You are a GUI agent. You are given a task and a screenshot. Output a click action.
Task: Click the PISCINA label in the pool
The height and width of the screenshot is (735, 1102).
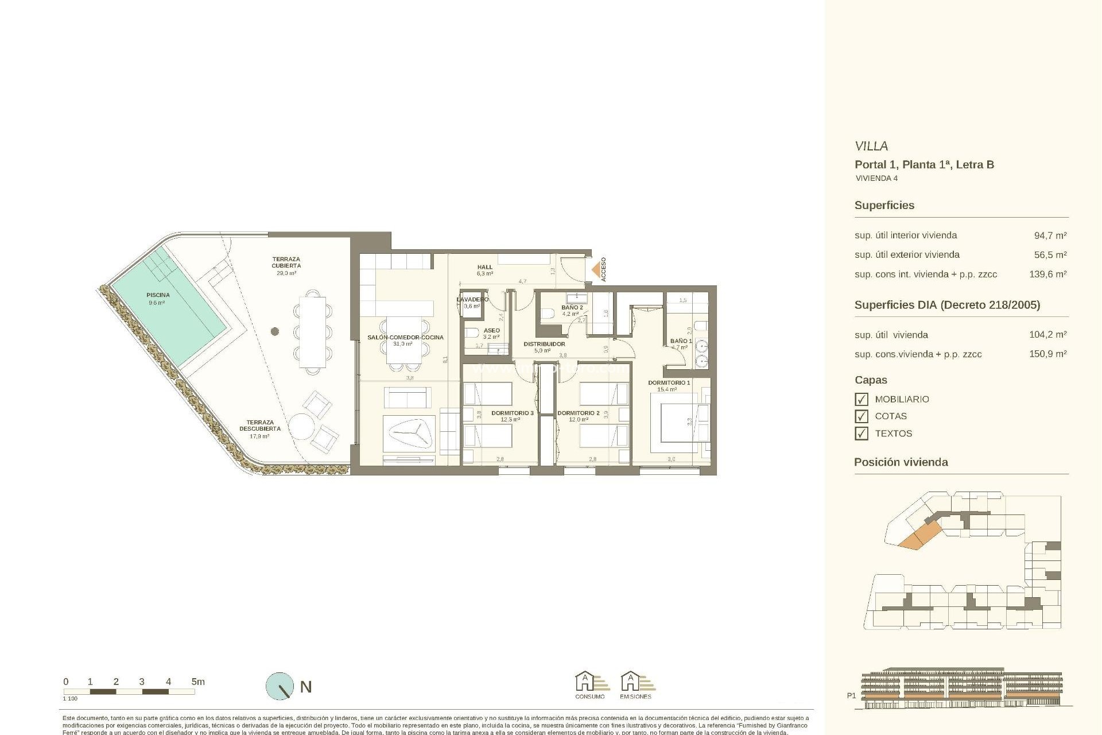click(157, 295)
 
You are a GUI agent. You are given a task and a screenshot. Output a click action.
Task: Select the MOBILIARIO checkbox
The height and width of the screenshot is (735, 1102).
click(861, 399)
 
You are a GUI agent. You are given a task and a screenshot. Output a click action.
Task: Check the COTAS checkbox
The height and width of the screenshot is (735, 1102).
click(861, 416)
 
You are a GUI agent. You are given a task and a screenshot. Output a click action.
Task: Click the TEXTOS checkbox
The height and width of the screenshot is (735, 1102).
click(861, 434)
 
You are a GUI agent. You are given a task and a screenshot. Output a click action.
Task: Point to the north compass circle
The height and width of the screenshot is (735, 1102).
click(280, 686)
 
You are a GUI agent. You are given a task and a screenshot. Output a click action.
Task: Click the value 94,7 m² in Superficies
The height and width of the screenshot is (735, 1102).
click(1050, 235)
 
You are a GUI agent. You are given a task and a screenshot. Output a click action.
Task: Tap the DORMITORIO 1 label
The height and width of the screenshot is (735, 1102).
click(669, 382)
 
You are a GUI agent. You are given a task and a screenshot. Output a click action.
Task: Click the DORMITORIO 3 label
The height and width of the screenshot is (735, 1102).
click(512, 413)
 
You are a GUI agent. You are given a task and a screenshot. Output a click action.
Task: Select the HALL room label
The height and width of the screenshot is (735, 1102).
click(485, 267)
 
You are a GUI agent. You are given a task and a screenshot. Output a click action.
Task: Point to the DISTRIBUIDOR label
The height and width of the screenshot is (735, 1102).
click(544, 344)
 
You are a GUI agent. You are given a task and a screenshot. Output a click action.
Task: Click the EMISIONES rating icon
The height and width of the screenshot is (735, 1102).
click(635, 683)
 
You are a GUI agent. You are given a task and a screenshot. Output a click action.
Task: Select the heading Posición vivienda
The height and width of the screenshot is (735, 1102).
click(901, 462)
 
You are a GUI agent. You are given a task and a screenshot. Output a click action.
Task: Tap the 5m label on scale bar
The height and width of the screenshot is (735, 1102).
click(197, 682)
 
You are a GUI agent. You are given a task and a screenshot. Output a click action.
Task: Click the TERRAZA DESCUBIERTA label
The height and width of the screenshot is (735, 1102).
click(260, 425)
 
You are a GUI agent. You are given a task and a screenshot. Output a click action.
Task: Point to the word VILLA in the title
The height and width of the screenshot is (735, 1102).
click(871, 146)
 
